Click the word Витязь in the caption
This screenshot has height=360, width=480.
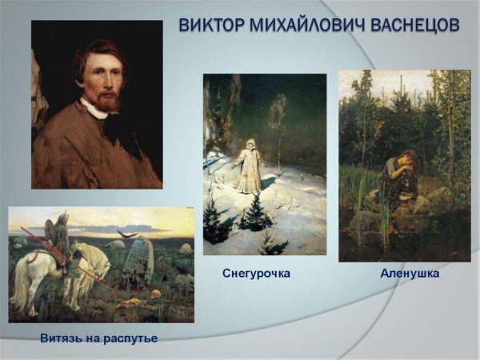(x=63, y=338)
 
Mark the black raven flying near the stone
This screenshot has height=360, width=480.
(x=122, y=234)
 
